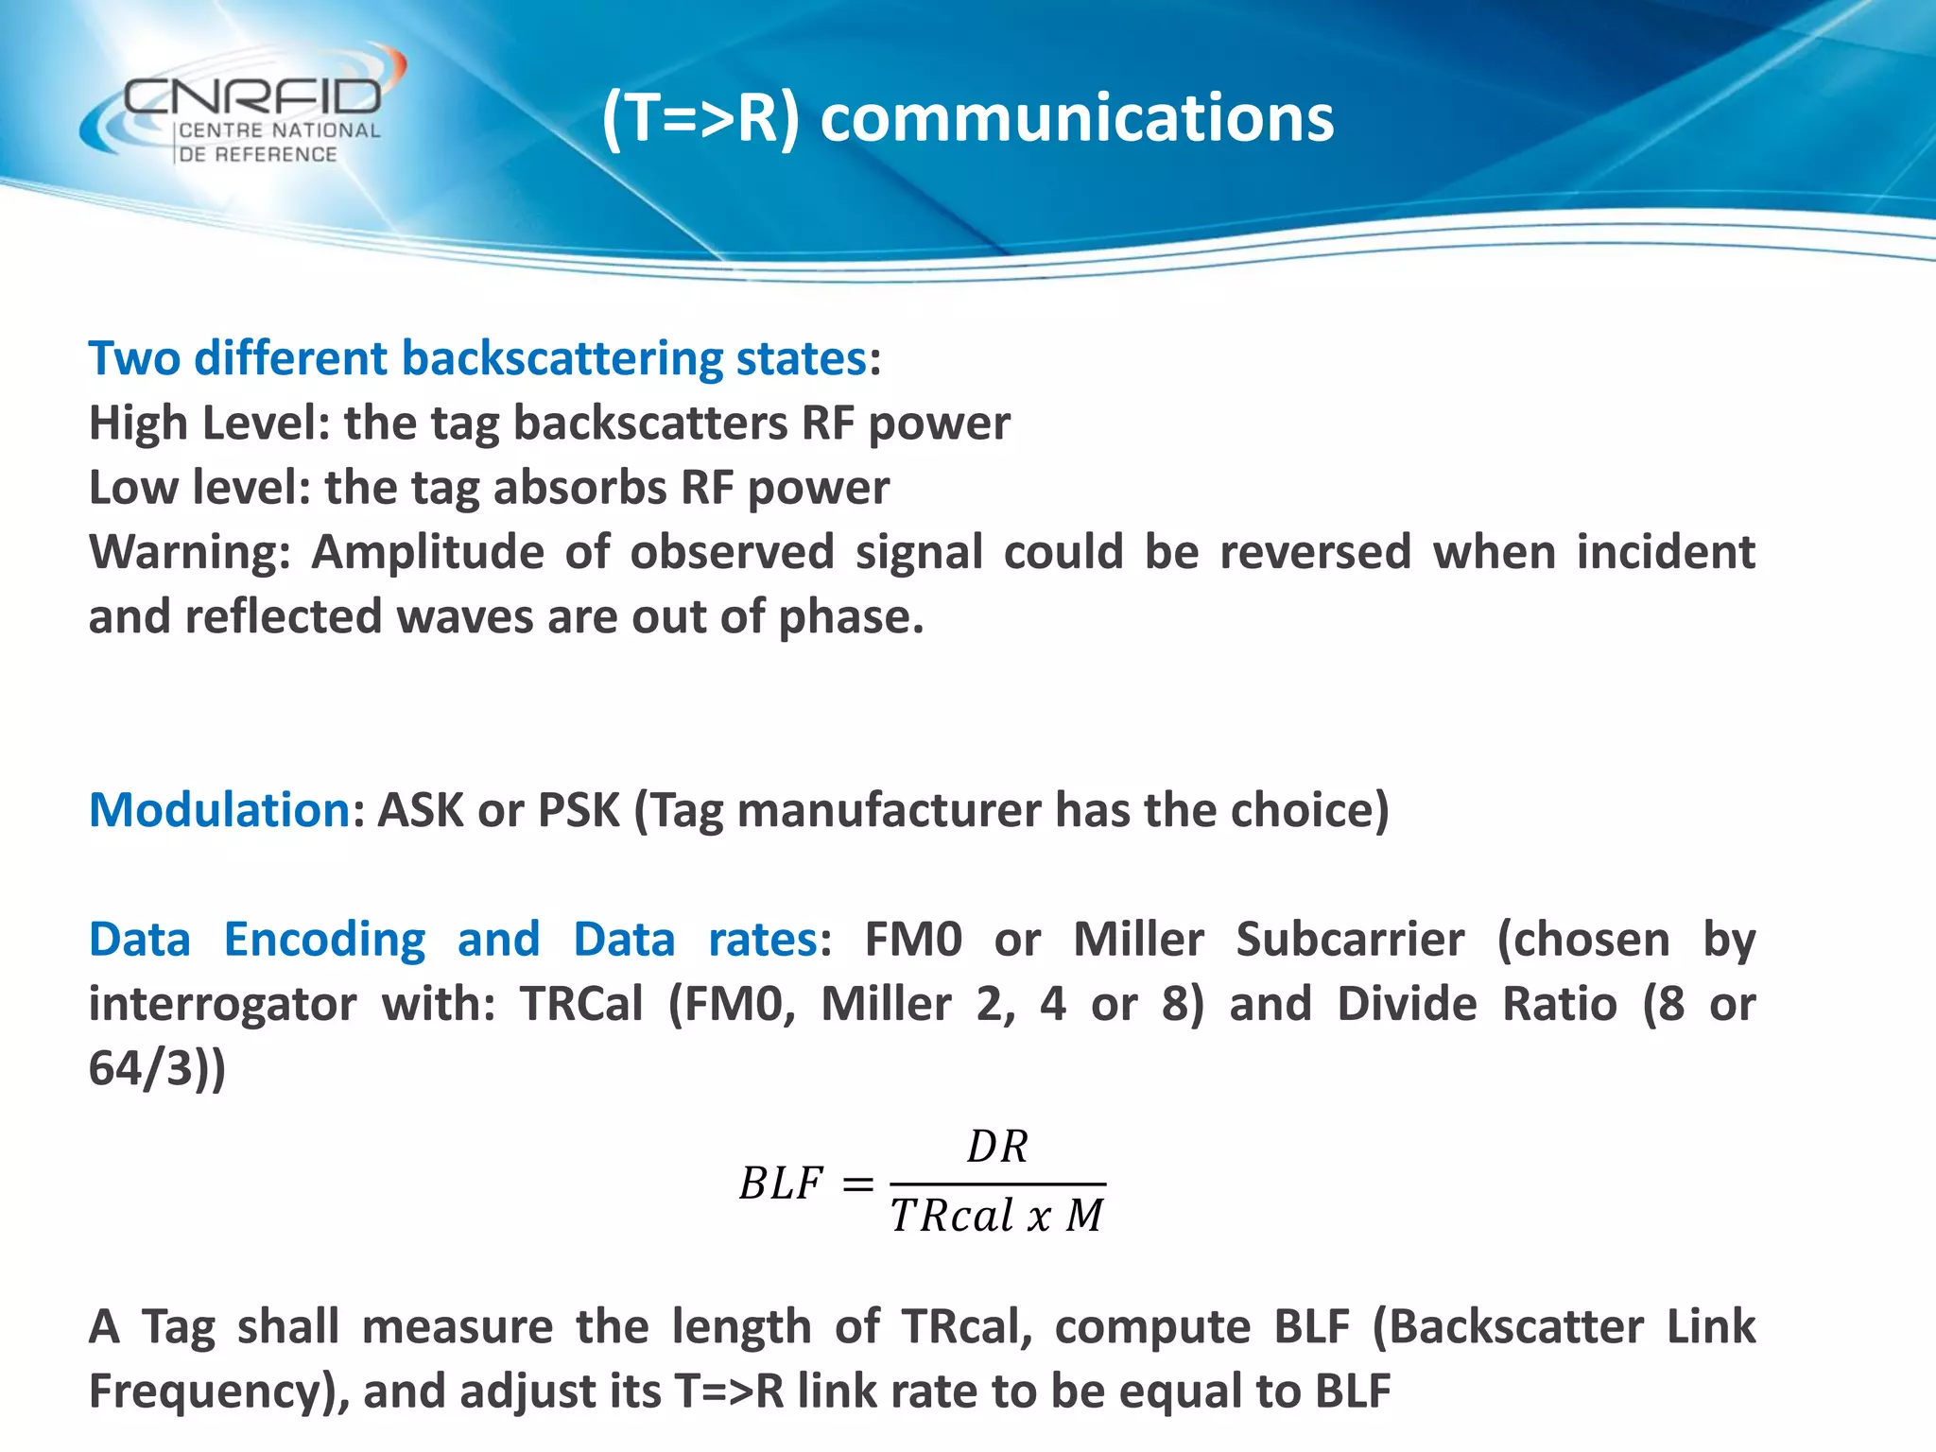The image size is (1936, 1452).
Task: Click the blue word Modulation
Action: (x=219, y=810)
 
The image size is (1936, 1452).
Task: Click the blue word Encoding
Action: (x=324, y=940)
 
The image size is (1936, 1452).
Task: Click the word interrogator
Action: (x=222, y=1004)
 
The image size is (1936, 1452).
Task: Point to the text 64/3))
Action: (x=157, y=1068)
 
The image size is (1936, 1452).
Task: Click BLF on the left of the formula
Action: (x=781, y=1184)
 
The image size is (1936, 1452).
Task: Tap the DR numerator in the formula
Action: (x=997, y=1148)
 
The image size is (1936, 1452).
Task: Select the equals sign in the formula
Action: (x=857, y=1184)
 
